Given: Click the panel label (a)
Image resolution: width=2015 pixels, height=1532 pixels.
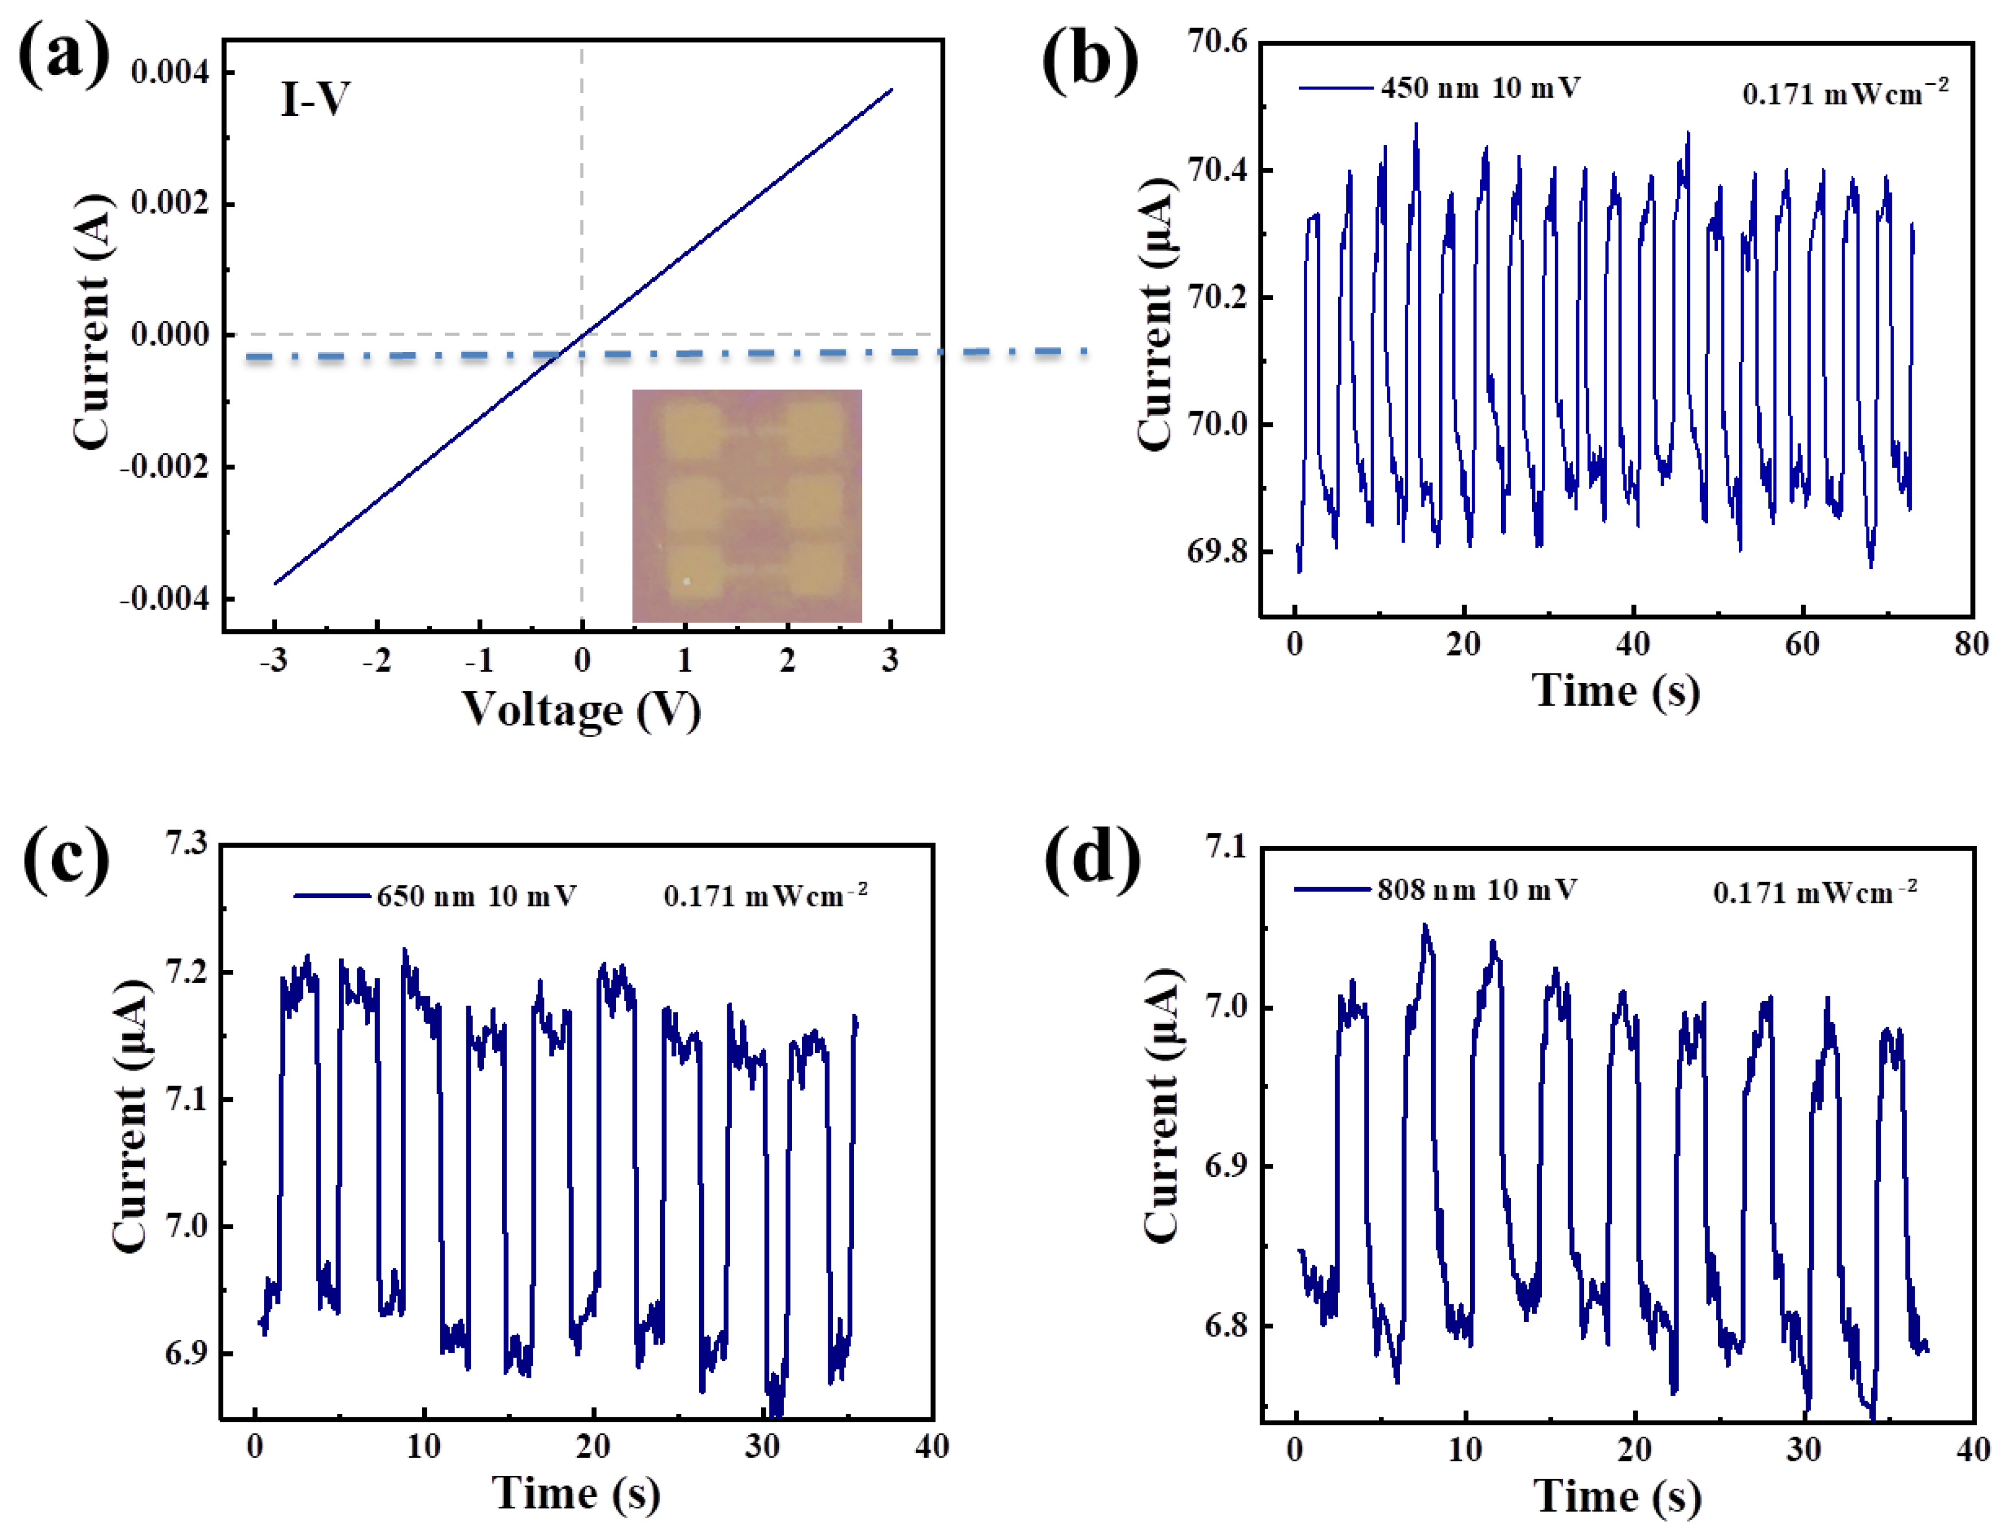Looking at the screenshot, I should pyautogui.click(x=64, y=57).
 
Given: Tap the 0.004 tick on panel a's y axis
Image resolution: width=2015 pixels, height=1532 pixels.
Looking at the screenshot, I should pyautogui.click(x=170, y=72).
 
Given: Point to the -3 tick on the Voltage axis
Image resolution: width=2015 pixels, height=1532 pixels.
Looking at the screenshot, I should pyautogui.click(x=274, y=659).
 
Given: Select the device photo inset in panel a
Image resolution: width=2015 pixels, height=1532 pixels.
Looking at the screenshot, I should pyautogui.click(x=747, y=506).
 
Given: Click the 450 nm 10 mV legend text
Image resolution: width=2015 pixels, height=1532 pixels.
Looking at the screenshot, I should pyautogui.click(x=1480, y=88).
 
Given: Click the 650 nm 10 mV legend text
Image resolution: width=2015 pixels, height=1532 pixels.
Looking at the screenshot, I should pyautogui.click(x=476, y=896).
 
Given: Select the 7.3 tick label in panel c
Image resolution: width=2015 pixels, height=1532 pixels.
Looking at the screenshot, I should pyautogui.click(x=186, y=844).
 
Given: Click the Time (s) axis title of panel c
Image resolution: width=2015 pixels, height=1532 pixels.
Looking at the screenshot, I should pyautogui.click(x=576, y=1494).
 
